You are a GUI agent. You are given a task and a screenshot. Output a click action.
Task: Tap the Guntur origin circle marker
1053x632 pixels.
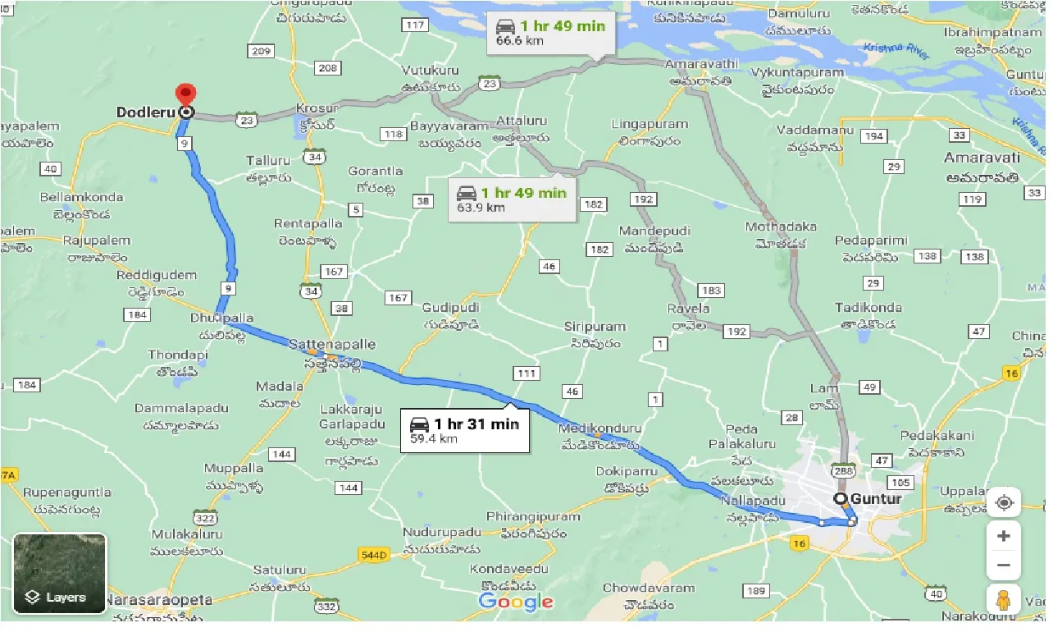click(840, 499)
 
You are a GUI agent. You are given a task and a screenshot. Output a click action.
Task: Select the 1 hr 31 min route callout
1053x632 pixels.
click(465, 430)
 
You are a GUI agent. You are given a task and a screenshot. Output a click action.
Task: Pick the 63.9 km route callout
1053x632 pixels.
click(512, 199)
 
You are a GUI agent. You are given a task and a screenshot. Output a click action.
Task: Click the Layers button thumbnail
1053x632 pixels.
click(59, 574)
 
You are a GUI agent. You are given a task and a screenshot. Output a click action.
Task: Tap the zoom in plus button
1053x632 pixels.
click(1003, 536)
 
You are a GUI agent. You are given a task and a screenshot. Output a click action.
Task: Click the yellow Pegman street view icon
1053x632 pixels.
click(1003, 601)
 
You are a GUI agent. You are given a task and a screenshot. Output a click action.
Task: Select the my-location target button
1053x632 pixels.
click(1003, 502)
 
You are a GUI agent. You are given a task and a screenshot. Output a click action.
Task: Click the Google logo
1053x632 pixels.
click(516, 602)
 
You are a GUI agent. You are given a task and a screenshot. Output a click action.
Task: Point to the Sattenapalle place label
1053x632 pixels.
click(331, 346)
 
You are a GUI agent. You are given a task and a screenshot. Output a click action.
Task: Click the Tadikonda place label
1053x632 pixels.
click(868, 308)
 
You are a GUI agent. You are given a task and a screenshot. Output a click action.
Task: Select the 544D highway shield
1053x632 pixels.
click(373, 555)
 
